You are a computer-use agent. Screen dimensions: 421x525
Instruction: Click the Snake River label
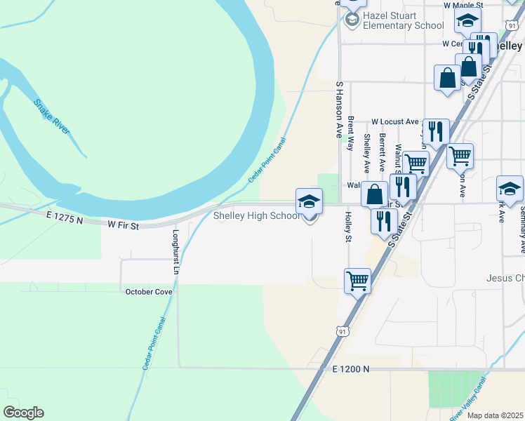pos(52,116)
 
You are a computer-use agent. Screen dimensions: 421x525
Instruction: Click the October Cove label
pos(149,291)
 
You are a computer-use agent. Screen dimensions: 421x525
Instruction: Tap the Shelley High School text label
pos(257,216)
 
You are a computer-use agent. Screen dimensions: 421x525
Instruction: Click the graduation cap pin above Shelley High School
pos(309,203)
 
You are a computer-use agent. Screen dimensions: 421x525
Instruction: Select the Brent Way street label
pos(350,133)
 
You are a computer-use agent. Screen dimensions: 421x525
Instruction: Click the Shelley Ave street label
pos(366,152)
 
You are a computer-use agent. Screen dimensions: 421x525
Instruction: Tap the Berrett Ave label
pos(382,152)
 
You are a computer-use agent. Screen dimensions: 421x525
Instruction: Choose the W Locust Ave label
pos(394,121)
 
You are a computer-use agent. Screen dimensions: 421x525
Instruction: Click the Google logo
pos(23,413)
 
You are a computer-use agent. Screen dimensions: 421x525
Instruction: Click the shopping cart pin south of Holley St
pos(358,281)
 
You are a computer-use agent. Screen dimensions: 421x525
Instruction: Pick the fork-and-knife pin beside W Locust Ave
pos(436,131)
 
